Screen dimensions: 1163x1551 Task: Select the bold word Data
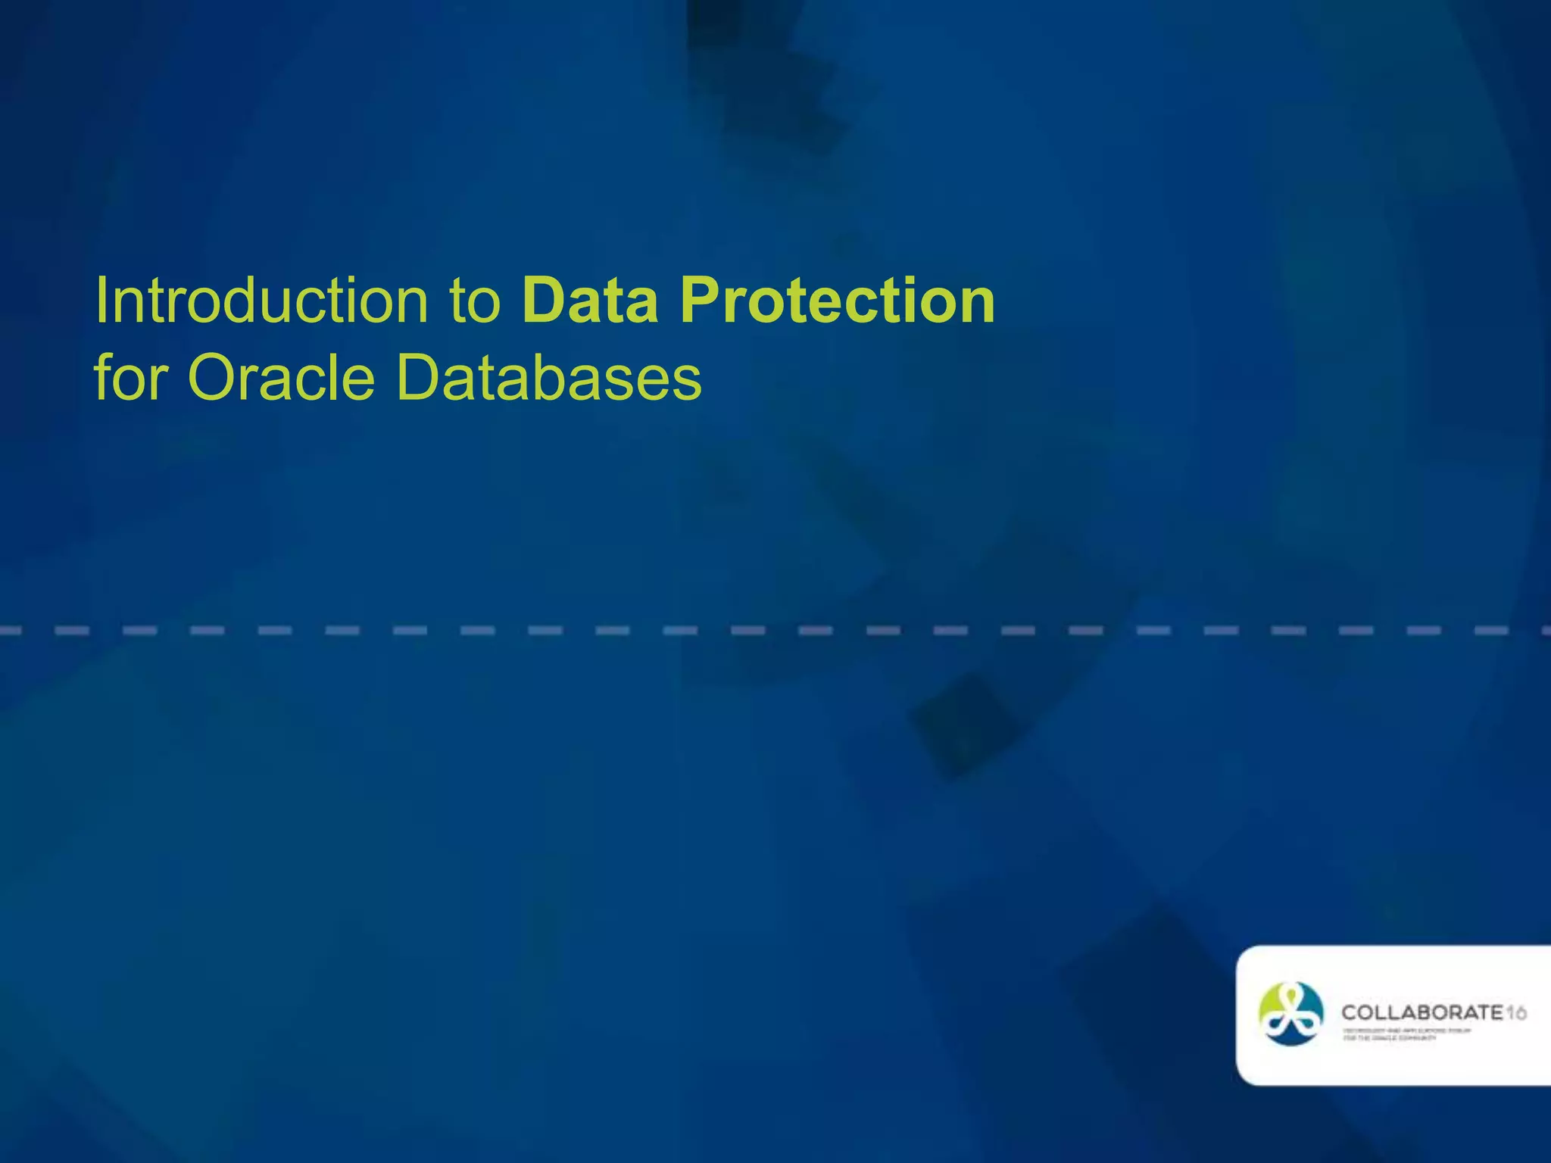pyautogui.click(x=591, y=301)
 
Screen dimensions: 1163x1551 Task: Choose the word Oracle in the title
pyautogui.click(x=281, y=378)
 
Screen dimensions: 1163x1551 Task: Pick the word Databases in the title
pyautogui.click(x=549, y=378)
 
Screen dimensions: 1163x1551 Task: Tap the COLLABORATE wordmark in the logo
pyautogui.click(x=1421, y=1013)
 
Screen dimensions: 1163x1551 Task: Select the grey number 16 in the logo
pyautogui.click(x=1515, y=1013)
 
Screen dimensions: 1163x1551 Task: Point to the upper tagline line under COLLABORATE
pyautogui.click(x=1406, y=1030)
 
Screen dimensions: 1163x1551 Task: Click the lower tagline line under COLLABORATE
pyautogui.click(x=1389, y=1038)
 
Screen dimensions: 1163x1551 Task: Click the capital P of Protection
pyautogui.click(x=699, y=301)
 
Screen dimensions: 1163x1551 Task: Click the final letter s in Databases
pyautogui.click(x=685, y=382)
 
